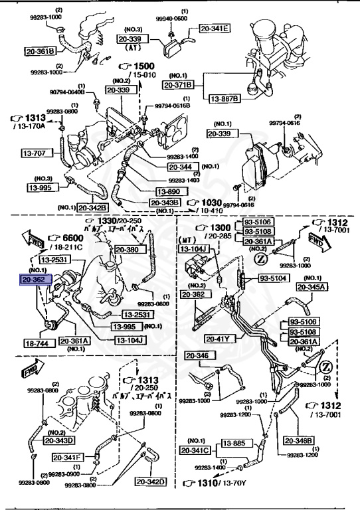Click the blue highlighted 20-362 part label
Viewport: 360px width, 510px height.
click(35, 280)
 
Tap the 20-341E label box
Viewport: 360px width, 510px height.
click(214, 28)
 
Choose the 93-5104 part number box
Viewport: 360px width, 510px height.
click(273, 279)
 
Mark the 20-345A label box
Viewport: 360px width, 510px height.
click(312, 287)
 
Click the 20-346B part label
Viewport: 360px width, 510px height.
click(299, 440)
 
